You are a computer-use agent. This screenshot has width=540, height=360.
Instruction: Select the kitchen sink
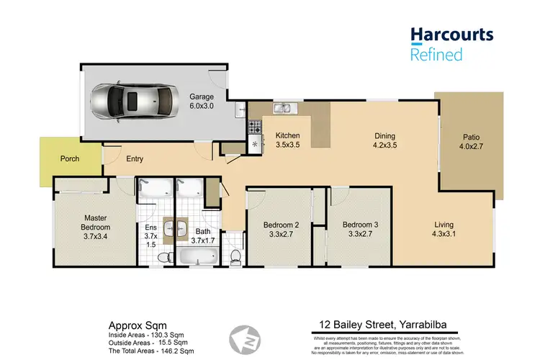(x=282, y=109)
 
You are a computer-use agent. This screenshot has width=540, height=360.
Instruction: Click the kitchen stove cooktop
(x=254, y=127)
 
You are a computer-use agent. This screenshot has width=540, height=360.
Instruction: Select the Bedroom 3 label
(x=359, y=228)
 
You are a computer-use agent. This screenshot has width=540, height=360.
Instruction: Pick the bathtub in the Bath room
(x=197, y=257)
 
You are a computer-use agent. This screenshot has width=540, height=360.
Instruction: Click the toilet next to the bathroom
(x=235, y=256)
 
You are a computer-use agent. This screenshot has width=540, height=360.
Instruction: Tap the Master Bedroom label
(x=95, y=223)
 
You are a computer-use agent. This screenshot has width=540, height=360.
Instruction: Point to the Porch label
(x=69, y=159)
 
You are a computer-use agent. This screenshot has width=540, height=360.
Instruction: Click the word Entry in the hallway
(x=135, y=159)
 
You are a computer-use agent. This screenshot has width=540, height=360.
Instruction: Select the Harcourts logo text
(x=451, y=34)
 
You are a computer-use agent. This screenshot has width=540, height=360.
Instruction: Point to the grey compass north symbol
(x=243, y=338)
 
